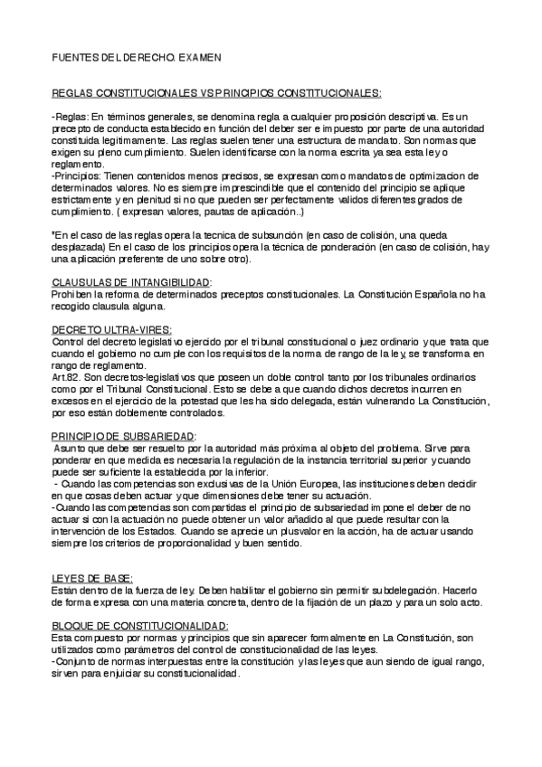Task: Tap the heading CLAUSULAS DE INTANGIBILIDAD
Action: tap(131, 282)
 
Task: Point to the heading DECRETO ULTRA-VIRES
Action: tap(111, 330)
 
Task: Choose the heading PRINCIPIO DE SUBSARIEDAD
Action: tap(124, 436)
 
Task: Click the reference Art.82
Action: tap(67, 377)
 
